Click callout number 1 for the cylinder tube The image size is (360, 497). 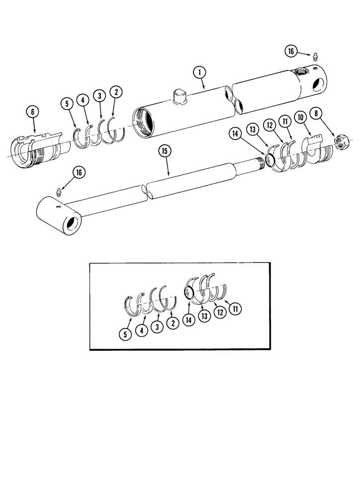200,73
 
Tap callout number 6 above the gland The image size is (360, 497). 33,112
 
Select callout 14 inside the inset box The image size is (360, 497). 189,321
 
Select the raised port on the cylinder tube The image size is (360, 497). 179,95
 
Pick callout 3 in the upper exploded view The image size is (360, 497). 99,95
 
